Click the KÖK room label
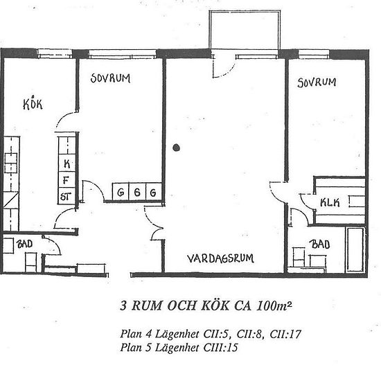(x=33, y=105)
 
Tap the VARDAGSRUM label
(x=220, y=259)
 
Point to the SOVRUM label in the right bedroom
(x=316, y=82)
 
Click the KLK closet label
(x=329, y=202)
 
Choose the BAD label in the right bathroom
(x=320, y=245)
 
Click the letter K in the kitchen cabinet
(x=67, y=163)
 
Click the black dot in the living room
(x=178, y=147)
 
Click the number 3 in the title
(x=124, y=305)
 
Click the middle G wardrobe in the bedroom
(x=138, y=192)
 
